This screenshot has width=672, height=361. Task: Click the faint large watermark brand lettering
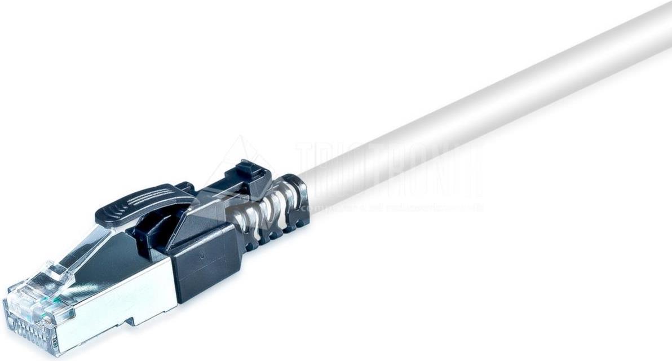[x=389, y=166]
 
